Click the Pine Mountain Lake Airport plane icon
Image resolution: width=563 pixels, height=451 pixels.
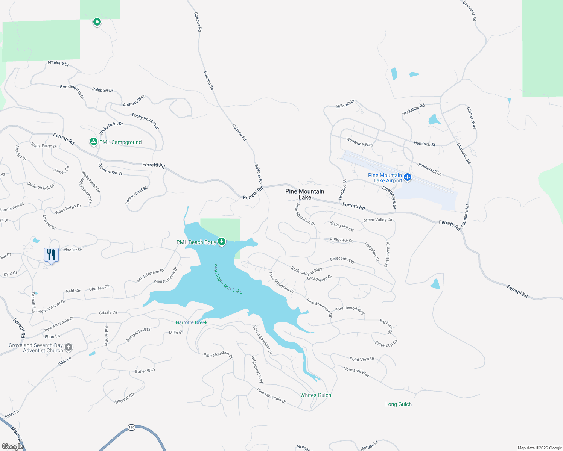407,177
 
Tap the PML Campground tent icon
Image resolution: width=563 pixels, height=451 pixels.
93,142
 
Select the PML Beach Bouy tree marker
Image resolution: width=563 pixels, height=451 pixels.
222,242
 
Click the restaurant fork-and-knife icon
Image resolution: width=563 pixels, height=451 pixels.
51,255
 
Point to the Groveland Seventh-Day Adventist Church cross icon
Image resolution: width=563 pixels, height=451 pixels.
68,347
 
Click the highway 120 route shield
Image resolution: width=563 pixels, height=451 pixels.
131,427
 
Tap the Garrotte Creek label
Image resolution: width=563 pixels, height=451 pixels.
192,322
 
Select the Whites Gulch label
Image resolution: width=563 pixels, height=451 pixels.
316,395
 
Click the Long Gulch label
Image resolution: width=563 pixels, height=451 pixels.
399,404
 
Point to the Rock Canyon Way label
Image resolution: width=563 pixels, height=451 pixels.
306,271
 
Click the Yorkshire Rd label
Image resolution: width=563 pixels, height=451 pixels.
413,109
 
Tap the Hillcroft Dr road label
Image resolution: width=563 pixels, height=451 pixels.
345,104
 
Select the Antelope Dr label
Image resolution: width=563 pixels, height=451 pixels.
58,63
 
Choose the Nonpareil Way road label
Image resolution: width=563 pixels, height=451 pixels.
356,372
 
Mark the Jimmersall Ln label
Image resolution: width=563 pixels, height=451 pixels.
429,169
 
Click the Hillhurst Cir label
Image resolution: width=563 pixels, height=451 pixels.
124,398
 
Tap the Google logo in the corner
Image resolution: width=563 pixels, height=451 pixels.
12,446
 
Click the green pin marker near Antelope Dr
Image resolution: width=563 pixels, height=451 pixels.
97,22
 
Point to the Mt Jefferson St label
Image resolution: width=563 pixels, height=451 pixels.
151,275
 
